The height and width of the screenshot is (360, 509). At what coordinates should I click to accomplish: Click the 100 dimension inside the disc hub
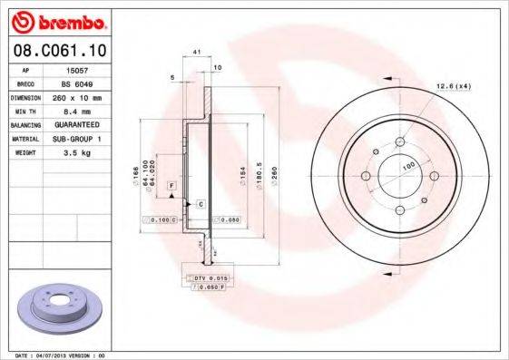coord(409,164)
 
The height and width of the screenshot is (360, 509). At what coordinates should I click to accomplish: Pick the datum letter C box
coord(201,205)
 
